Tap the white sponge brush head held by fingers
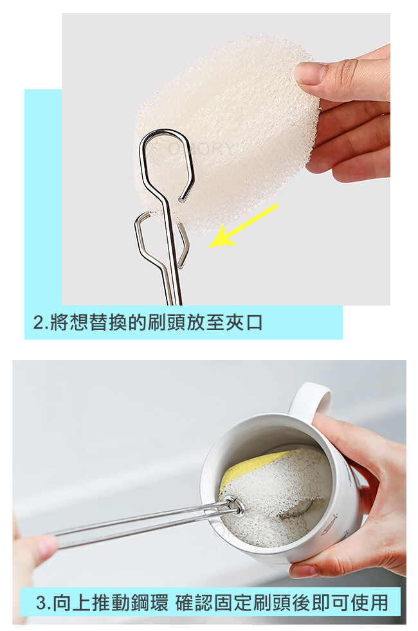click(225, 133)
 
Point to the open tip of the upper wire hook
click(181, 200)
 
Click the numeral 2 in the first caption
click(39, 323)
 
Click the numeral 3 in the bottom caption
click(41, 603)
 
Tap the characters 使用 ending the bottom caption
click(369, 603)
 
